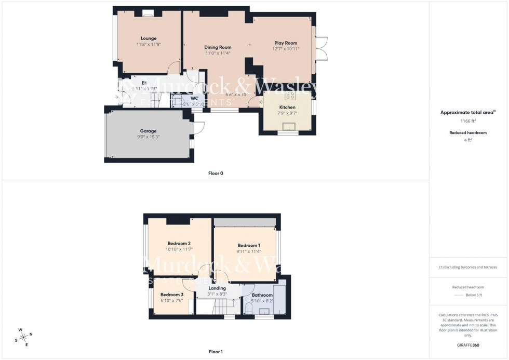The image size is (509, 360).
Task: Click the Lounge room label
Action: pyautogui.click(x=149, y=38)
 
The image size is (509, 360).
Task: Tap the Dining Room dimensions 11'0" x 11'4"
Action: pyautogui.click(x=218, y=53)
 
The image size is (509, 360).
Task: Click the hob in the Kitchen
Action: pyautogui.click(x=290, y=96)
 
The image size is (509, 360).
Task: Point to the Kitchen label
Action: pyautogui.click(x=287, y=107)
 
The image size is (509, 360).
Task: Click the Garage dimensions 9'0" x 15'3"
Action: pyautogui.click(x=148, y=137)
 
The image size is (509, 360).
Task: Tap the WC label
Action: pyautogui.click(x=195, y=98)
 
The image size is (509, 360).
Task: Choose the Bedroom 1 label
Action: pyautogui.click(x=249, y=245)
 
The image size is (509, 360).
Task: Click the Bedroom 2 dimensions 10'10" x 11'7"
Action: pyautogui.click(x=179, y=249)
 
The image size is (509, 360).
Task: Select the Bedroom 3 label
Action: pyautogui.click(x=172, y=295)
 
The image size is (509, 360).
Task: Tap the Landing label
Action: pyautogui.click(x=217, y=288)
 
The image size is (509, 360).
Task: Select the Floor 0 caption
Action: pyautogui.click(x=215, y=173)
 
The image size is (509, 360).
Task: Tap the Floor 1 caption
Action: pyautogui.click(x=215, y=352)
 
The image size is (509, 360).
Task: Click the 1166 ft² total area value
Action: pyautogui.click(x=468, y=121)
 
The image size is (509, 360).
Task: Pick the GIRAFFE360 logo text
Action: pyautogui.click(x=468, y=345)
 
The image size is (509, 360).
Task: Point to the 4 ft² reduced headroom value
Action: pyautogui.click(x=468, y=140)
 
